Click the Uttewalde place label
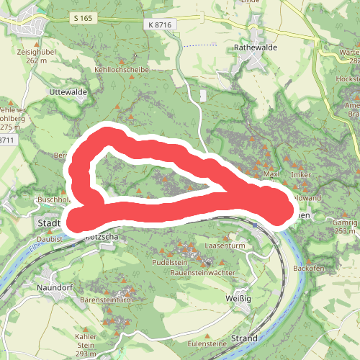(x=68, y=94)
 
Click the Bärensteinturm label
(x=107, y=299)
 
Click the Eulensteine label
(x=208, y=344)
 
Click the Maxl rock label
(x=271, y=174)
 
